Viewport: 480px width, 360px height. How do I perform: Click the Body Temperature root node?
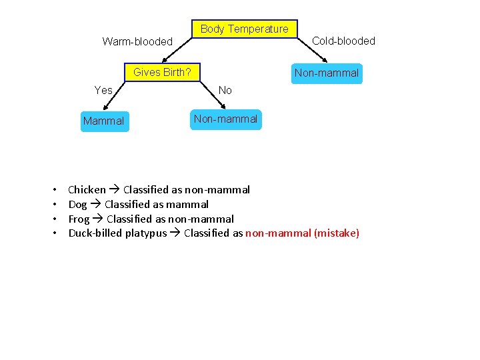point(244,29)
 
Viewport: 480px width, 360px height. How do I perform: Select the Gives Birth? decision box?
point(162,72)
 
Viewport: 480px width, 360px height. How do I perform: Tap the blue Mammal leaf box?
point(104,121)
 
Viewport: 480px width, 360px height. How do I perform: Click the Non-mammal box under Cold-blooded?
point(327,73)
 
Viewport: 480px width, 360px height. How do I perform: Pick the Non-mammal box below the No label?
point(225,119)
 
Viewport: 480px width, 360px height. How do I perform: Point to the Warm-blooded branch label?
point(137,41)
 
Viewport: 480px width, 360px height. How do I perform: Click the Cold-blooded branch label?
point(343,41)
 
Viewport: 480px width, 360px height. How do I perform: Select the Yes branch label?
point(103,90)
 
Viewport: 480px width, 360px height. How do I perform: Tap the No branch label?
point(225,90)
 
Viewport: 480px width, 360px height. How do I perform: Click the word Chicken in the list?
point(87,190)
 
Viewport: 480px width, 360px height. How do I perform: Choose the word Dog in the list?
point(78,205)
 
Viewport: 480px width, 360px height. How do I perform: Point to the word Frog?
point(79,219)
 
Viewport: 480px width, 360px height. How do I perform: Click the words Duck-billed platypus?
point(117,233)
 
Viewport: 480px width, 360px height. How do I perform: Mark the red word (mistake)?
point(336,233)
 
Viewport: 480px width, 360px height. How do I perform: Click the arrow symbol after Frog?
point(98,219)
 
